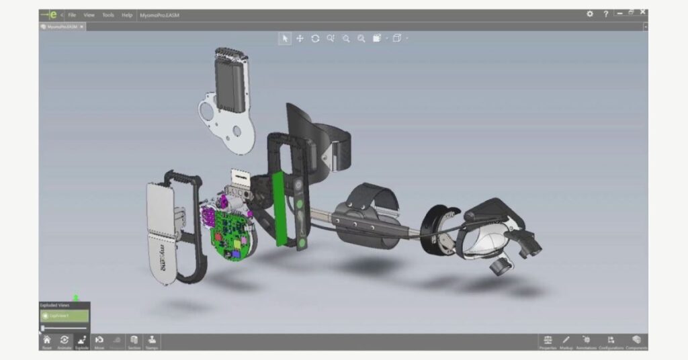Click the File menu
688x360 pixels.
coord(72,15)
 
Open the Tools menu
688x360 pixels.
coord(108,15)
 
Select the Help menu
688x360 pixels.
coord(127,15)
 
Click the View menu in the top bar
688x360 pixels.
coord(89,15)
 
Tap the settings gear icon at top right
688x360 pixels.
coord(590,14)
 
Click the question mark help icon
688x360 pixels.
coord(606,14)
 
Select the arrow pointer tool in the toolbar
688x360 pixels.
coord(285,39)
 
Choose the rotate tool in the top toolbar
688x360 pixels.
coord(315,39)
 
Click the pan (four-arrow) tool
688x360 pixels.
coord(300,39)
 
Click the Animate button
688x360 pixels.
coord(64,342)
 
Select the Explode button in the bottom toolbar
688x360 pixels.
coord(82,342)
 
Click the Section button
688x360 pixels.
coord(134,342)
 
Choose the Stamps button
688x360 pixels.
coord(152,342)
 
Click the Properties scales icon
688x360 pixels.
coord(548,342)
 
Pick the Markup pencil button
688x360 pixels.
coord(566,342)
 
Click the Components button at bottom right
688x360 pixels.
coord(636,342)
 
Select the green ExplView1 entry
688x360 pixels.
coord(64,315)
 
